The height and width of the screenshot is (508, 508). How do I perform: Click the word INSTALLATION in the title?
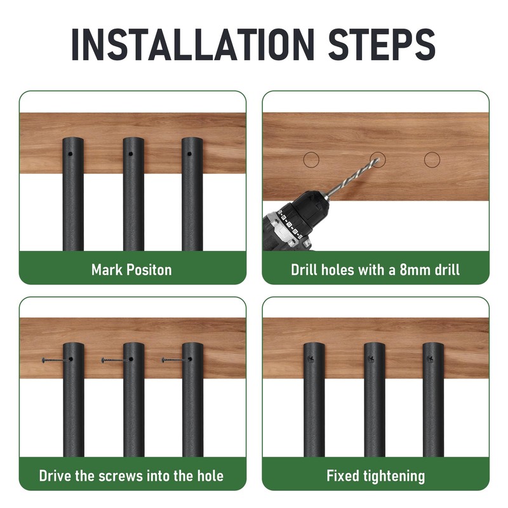193,44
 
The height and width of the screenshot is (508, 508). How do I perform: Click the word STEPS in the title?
382,44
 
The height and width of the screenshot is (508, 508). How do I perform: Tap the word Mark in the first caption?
107,269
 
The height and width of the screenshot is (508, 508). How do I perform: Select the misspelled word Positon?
149,269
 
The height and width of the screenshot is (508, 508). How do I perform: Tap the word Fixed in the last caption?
343,476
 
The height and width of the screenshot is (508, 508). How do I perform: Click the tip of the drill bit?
378,158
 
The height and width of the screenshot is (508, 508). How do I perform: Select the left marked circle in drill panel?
311,152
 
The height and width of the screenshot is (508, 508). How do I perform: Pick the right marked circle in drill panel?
432,152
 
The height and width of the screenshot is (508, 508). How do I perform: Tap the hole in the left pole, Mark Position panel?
70,154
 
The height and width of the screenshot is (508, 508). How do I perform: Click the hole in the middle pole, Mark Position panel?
131,154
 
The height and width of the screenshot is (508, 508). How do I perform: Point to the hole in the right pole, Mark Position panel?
189,154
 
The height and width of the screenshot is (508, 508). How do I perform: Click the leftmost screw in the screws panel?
56,359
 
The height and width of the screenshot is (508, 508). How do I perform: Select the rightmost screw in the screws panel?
176,359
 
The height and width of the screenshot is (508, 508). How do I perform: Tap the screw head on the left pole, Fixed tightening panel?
311,359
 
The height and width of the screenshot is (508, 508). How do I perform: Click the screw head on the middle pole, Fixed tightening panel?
371,359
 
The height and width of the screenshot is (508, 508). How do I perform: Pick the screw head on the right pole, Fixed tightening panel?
431,359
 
